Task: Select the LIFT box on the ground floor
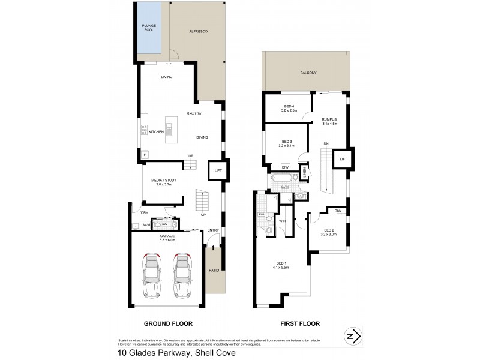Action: point(217,170)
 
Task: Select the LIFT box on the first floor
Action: point(343,159)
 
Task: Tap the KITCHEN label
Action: point(157,131)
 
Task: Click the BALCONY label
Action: point(308,73)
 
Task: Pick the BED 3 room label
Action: point(286,142)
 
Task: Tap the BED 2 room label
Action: point(329,231)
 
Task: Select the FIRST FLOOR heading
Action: point(300,323)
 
